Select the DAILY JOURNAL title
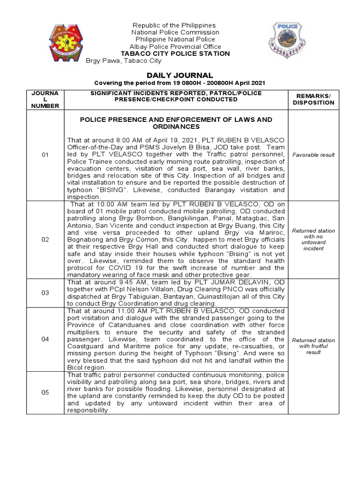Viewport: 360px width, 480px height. [180, 75]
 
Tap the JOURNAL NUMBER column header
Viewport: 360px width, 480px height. [45, 99]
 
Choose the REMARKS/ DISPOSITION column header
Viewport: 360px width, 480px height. [314, 99]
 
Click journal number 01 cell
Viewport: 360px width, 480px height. [45, 154]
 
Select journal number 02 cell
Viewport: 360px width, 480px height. [45, 240]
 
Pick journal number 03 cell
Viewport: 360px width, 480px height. [45, 292]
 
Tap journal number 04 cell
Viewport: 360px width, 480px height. [45, 339]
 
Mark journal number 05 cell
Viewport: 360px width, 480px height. [45, 392]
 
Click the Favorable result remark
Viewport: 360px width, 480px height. [314, 154]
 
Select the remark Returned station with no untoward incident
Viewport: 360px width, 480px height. [314, 240]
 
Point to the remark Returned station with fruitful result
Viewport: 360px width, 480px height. [314, 346]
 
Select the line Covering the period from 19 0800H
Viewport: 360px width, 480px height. [180, 83]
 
